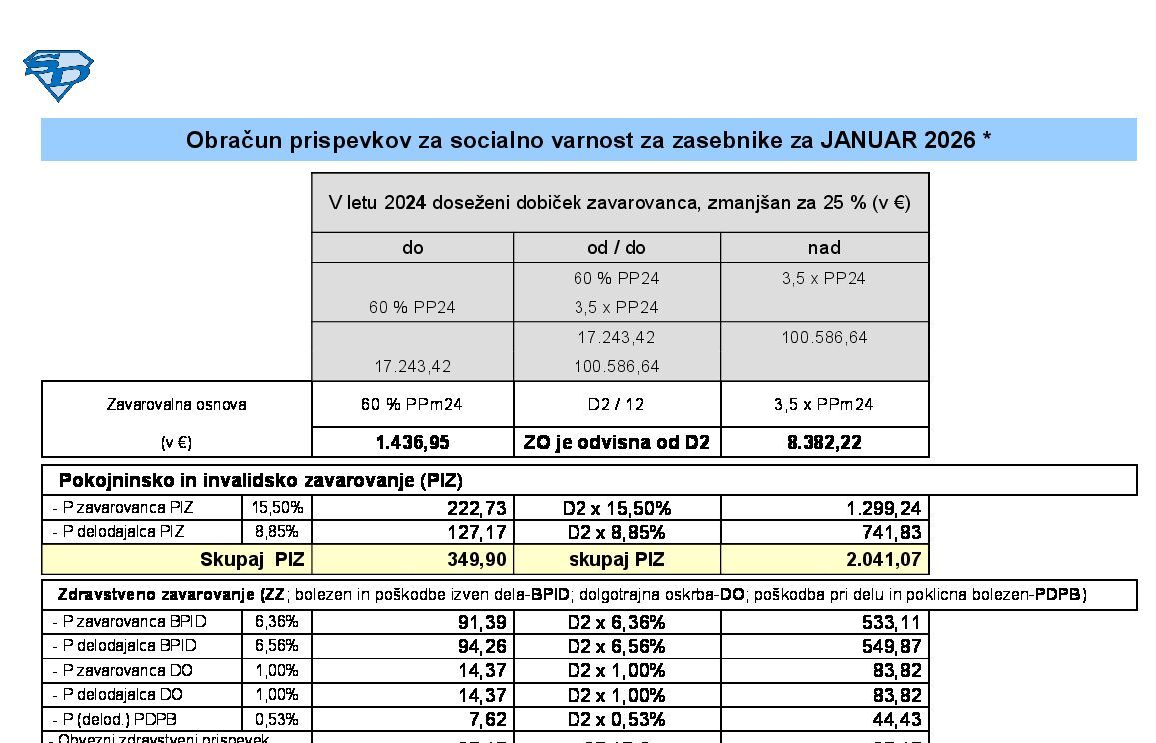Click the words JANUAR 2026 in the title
tap(897, 140)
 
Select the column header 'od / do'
tap(616, 247)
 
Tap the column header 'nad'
tap(824, 247)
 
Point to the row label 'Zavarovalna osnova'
tap(176, 405)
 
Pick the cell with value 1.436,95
tap(413, 442)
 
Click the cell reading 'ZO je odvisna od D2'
tap(616, 442)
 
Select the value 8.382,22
tap(824, 442)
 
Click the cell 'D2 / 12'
tap(616, 405)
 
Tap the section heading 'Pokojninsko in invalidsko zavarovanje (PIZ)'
tap(260, 480)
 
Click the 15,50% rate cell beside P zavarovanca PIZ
tap(277, 508)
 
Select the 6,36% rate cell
tap(277, 621)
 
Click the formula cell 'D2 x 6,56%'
tap(616, 646)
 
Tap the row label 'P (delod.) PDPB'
tap(120, 719)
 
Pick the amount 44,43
tap(897, 719)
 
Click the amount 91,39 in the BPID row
tap(482, 622)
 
